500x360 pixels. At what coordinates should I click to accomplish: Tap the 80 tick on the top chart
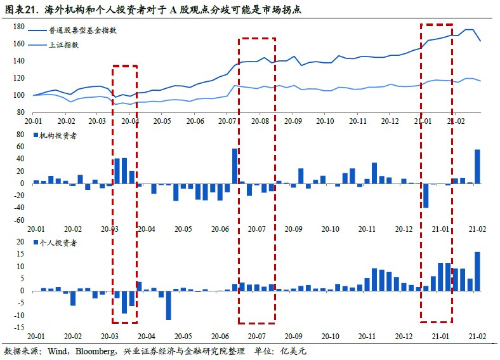pos(20,112)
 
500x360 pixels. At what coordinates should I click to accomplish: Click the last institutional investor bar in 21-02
pos(477,166)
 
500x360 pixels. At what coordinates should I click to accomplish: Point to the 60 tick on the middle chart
pos(20,147)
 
